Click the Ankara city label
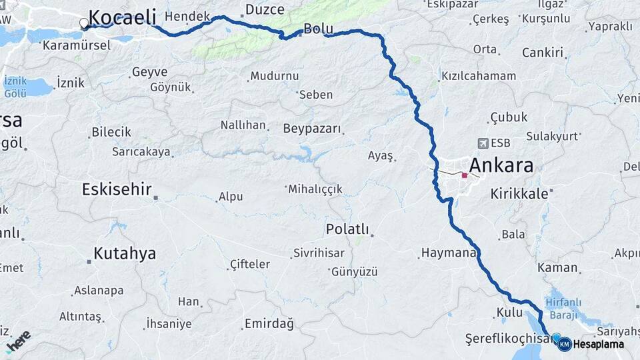point(501,165)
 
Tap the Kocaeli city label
point(122,17)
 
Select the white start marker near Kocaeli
point(84,23)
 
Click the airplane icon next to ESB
point(483,143)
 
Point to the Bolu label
point(318,29)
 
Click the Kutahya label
point(125,253)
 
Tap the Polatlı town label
point(347,229)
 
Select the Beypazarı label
point(312,129)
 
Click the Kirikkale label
point(519,193)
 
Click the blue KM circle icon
point(564,344)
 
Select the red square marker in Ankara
point(465,175)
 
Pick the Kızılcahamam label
point(478,76)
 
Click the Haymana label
point(448,253)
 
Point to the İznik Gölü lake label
point(15,85)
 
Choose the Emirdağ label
point(269,324)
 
